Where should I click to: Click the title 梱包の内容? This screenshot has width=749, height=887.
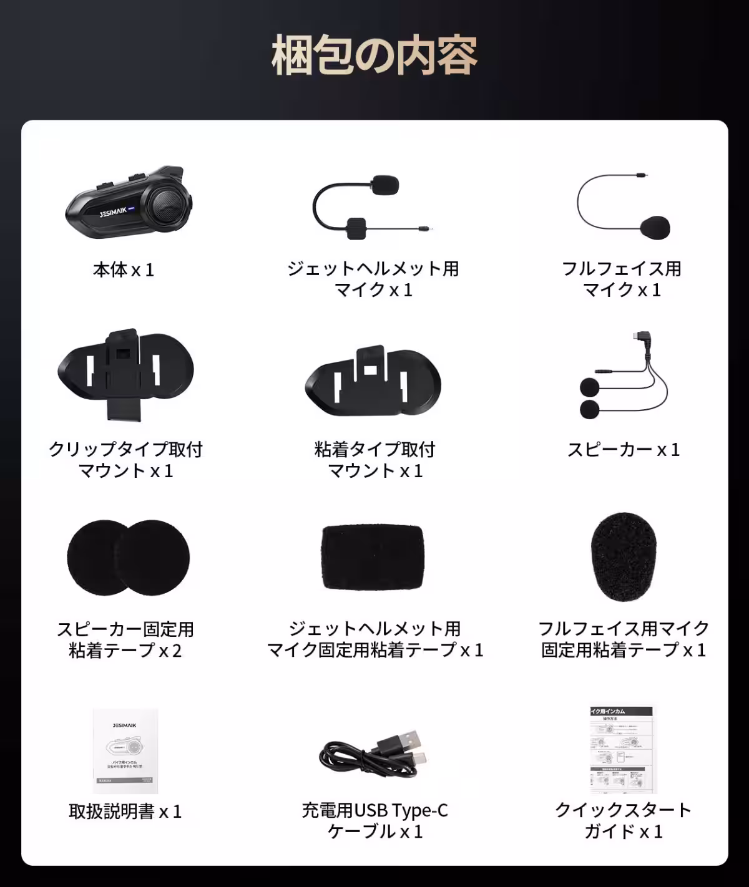tap(374, 55)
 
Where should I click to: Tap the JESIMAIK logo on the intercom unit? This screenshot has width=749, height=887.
tap(113, 212)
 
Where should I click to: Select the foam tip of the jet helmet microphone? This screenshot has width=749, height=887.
tap(384, 185)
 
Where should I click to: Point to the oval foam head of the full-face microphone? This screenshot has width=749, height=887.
tap(655, 228)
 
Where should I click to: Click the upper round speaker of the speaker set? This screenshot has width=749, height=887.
tap(589, 387)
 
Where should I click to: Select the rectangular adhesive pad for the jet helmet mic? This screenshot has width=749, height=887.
tap(373, 558)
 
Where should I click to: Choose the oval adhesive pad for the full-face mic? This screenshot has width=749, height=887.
tap(623, 557)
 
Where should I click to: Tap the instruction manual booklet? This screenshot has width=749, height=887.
tap(125, 750)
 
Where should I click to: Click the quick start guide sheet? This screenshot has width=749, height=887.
tap(622, 749)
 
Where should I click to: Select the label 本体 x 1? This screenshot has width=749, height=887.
tap(124, 270)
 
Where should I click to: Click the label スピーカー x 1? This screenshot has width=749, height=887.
tap(623, 450)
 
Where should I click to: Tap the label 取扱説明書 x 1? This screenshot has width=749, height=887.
tap(125, 812)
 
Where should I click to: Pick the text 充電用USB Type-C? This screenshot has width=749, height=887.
tap(374, 810)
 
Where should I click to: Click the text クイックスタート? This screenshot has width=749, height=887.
tap(623, 810)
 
